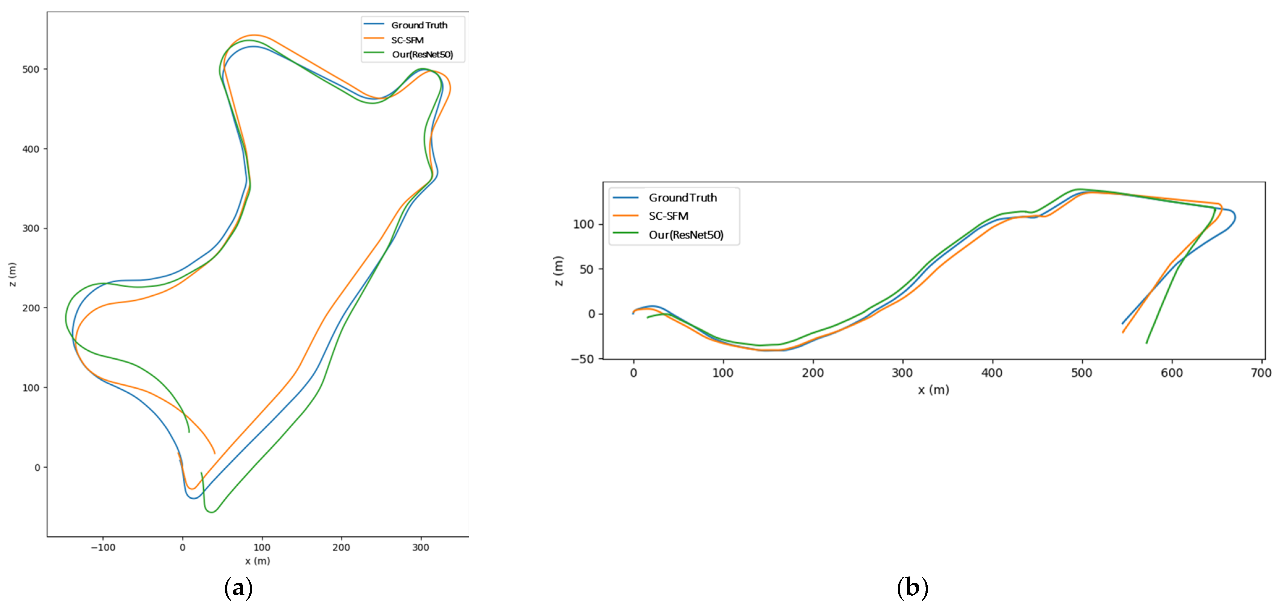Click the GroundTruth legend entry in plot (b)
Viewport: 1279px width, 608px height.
coord(682,197)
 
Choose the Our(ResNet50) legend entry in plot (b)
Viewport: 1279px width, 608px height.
coord(686,235)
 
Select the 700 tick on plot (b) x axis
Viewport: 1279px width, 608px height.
coord(1261,373)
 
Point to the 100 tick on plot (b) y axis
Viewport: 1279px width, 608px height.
coord(583,224)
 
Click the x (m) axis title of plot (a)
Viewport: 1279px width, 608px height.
coord(257,561)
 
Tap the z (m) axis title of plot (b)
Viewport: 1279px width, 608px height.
coord(559,271)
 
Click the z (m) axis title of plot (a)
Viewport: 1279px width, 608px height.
coord(12,274)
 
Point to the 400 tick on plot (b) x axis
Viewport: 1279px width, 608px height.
coord(992,373)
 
